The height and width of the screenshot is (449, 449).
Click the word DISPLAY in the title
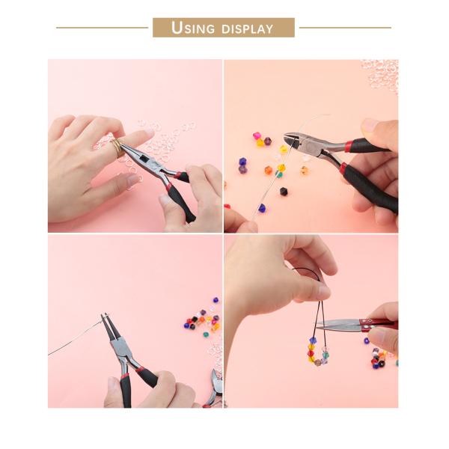[246, 29]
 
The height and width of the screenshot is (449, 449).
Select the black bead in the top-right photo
[284, 192]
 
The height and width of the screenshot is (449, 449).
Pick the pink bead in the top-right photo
[257, 136]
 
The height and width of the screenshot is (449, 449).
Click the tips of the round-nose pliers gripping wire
[106, 323]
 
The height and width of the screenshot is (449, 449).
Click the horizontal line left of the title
[102, 28]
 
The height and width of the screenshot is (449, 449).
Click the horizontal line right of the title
[345, 28]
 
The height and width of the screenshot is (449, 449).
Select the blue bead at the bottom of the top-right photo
[262, 207]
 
